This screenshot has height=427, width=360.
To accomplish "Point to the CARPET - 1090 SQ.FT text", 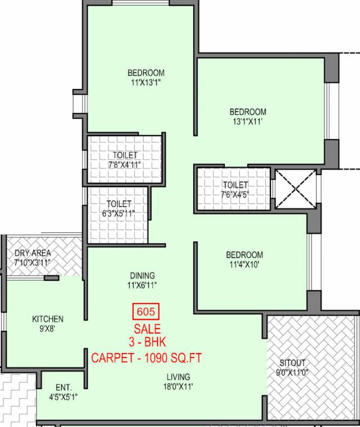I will [x=146, y=357].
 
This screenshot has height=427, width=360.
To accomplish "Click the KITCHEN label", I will [x=47, y=319].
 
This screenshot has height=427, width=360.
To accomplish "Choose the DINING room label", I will [x=142, y=275].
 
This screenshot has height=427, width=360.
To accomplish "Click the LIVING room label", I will [x=177, y=376].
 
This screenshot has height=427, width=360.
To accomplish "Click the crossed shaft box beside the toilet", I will [x=294, y=189].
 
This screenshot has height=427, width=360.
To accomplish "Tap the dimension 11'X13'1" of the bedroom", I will [x=146, y=82].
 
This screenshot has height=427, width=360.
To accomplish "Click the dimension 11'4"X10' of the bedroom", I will [x=244, y=265].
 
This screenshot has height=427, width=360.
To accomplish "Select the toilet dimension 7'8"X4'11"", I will [x=125, y=165].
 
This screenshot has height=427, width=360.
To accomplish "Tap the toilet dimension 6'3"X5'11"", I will [x=119, y=213].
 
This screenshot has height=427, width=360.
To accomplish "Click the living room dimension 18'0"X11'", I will [x=177, y=386].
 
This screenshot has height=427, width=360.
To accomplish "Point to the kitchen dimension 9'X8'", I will [x=47, y=329].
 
